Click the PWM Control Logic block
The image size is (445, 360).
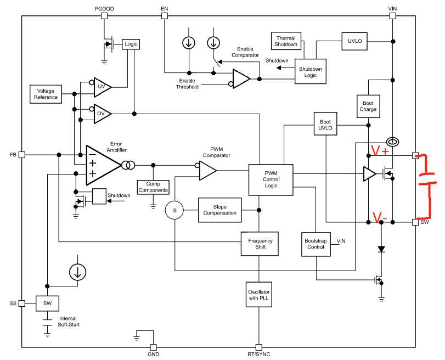point(271,179)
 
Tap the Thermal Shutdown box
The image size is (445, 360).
point(286,41)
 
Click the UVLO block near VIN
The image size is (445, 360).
point(355,41)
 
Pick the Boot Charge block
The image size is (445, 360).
point(368,105)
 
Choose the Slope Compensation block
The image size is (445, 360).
point(219,210)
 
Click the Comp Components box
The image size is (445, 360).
point(153,187)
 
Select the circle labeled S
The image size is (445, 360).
point(174,210)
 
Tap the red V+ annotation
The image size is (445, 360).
point(380,150)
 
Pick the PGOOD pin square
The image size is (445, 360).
point(104,15)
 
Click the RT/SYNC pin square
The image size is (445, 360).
point(258,347)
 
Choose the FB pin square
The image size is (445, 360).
point(22,155)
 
